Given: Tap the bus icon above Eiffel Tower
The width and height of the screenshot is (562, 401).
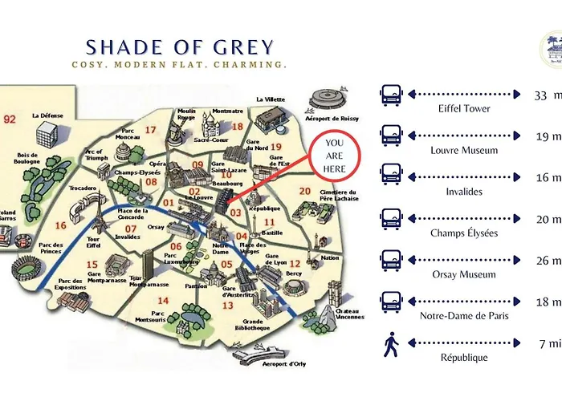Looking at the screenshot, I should (x=391, y=94).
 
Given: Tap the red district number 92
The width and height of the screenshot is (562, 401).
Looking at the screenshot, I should (x=10, y=119).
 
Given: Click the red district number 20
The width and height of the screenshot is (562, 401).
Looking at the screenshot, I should (x=304, y=191).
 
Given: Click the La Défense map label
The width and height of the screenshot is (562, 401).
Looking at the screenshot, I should (x=47, y=115).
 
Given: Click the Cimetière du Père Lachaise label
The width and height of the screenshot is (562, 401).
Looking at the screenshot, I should (x=336, y=194).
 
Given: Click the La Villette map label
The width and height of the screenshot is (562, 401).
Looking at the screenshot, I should (x=271, y=99).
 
